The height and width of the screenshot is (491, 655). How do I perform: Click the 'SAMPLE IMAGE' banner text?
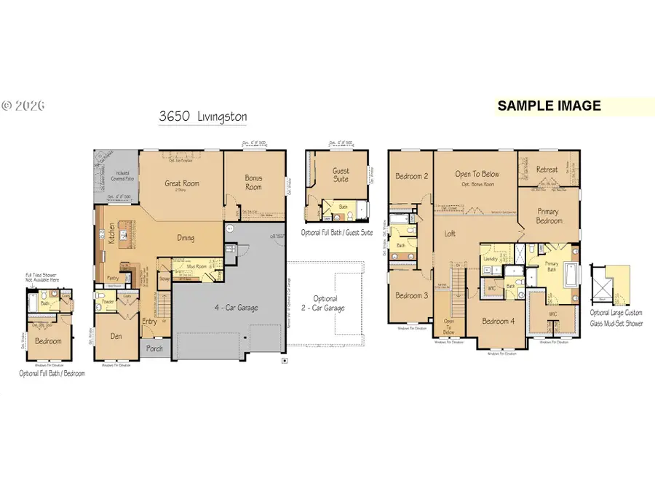[x=549, y=105]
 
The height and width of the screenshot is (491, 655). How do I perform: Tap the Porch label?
[x=154, y=348]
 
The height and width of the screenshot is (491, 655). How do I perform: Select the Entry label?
[x=149, y=322]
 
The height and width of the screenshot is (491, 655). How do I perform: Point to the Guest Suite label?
[x=341, y=175]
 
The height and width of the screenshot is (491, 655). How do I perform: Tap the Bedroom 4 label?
[x=499, y=322]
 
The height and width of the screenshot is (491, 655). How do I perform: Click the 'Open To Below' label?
[x=477, y=174]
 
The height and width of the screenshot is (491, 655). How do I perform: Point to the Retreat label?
[x=547, y=169]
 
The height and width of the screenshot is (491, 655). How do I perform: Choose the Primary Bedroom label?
[x=548, y=216]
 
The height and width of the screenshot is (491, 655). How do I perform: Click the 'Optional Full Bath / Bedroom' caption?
[x=52, y=373]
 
